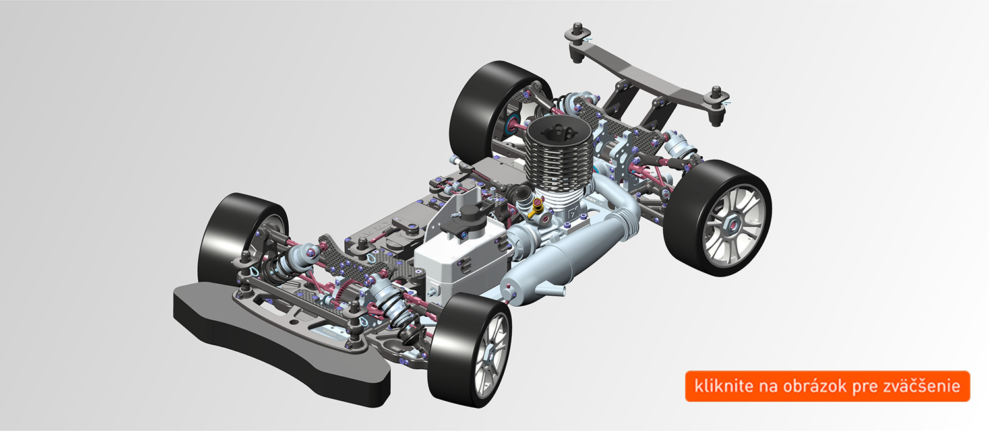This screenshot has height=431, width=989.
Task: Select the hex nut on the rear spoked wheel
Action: click(732, 225)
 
